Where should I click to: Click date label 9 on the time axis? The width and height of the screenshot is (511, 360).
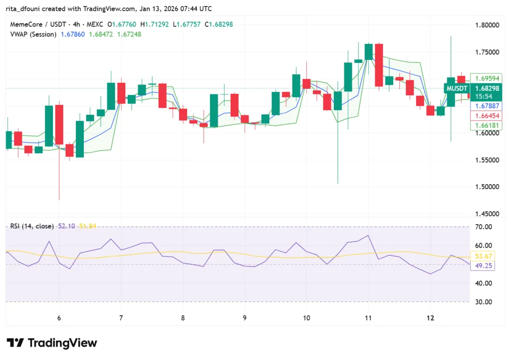click(245, 318)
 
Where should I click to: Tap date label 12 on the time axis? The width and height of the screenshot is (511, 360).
click(431, 318)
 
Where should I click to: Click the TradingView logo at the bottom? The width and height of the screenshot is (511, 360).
click(52, 343)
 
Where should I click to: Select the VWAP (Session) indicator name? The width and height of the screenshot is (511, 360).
click(33, 34)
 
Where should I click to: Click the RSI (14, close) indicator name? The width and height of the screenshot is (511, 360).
click(32, 226)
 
